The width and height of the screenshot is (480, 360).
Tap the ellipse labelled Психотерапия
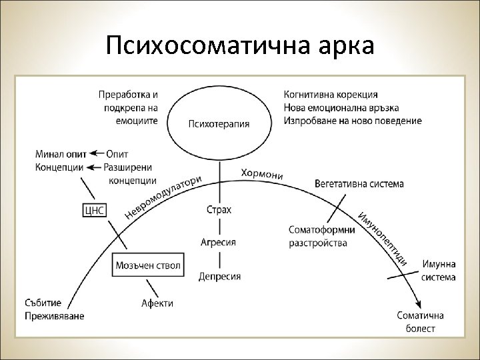tap(219, 123)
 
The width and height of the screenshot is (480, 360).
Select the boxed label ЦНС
tap(93, 211)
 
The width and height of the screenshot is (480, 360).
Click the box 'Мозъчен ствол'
tap(147, 265)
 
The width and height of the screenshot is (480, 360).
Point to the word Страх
tap(219, 210)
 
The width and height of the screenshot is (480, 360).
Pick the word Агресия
tap(219, 243)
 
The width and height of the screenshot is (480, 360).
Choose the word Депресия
tap(219, 275)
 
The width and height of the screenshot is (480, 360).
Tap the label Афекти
tap(157, 303)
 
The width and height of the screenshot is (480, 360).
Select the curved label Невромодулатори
tap(163, 197)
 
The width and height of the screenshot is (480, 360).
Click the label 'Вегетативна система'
tap(359, 183)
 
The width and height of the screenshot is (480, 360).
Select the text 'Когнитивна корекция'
tap(331, 95)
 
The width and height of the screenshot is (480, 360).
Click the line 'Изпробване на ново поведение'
tap(353, 121)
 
